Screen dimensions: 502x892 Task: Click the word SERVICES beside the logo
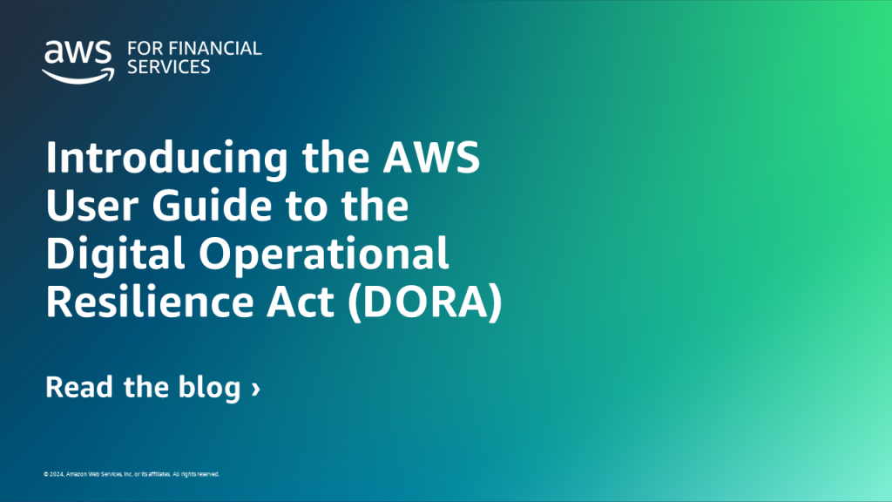coord(169,67)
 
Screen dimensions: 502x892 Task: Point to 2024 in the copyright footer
coord(55,474)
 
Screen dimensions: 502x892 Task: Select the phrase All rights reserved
coord(196,474)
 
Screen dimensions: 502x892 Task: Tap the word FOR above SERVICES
coord(143,49)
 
